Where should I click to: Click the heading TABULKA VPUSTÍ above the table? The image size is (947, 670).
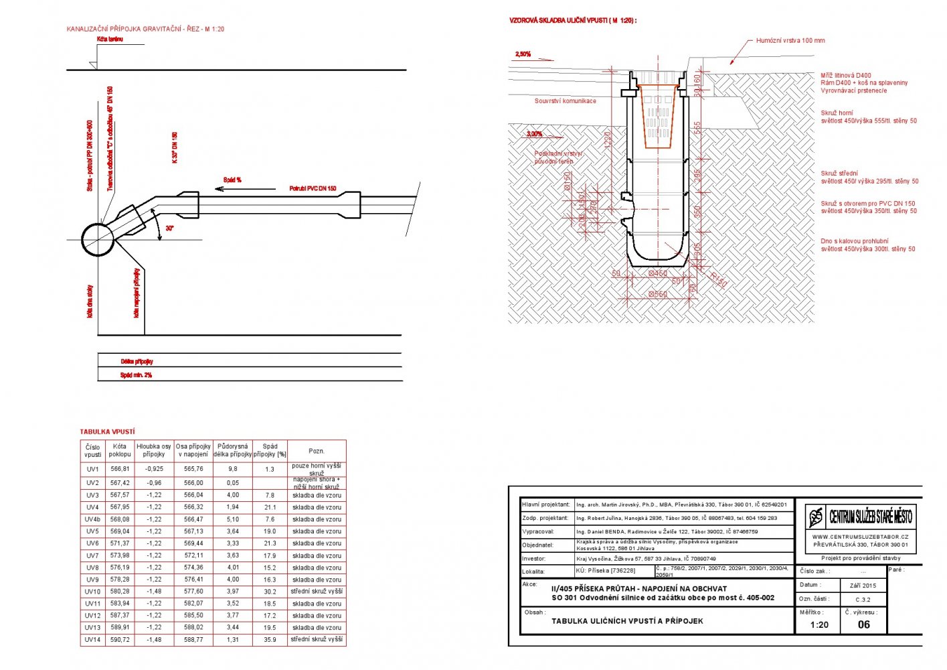click(107, 432)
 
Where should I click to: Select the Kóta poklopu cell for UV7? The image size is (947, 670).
click(120, 555)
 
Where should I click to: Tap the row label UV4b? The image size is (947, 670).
click(92, 519)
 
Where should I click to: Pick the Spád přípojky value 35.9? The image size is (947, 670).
click(270, 640)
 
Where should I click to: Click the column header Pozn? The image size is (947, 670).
click(317, 451)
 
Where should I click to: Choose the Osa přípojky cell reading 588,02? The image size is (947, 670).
click(193, 628)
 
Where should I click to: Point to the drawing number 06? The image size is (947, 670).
click(864, 624)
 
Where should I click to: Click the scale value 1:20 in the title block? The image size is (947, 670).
click(819, 624)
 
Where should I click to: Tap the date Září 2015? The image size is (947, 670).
click(863, 586)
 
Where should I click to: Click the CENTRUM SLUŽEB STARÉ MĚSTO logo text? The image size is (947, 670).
click(870, 517)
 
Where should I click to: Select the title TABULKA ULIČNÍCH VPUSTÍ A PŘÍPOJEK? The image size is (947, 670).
click(627, 621)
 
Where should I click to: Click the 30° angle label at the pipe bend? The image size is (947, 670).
click(170, 228)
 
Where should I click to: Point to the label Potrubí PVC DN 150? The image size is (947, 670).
click(313, 189)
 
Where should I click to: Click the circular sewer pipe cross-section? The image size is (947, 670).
click(98, 239)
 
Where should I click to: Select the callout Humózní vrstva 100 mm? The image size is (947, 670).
click(790, 40)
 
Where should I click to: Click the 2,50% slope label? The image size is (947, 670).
click(523, 54)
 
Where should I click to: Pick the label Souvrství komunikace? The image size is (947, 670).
click(565, 101)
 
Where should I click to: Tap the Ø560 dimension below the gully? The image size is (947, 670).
click(658, 294)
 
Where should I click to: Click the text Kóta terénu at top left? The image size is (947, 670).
click(110, 40)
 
